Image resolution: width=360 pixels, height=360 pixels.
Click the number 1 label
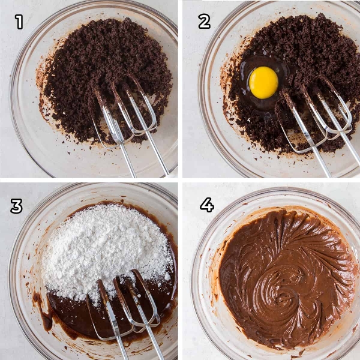coord(19,22)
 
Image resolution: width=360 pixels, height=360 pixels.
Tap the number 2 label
coord(204,22)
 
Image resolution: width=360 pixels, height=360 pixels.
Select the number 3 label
coord(16,206)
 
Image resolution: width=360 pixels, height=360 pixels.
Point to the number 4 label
coord(207,205)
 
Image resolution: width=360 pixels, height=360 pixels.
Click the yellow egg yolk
coord(263,83)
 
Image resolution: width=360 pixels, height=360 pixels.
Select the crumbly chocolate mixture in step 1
coord(103,69)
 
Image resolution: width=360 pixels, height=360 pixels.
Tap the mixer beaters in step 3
coord(125,303)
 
